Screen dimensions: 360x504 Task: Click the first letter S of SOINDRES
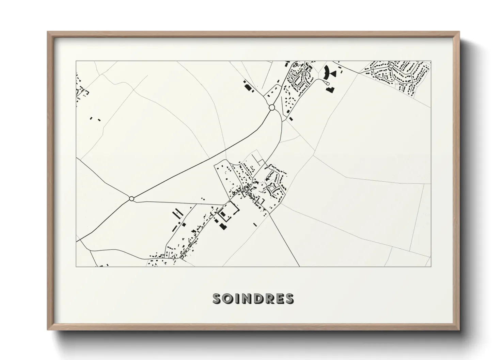[217, 299]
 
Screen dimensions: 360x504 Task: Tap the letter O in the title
[227, 299]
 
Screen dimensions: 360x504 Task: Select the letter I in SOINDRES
[236, 299]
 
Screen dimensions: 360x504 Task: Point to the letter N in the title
[245, 299]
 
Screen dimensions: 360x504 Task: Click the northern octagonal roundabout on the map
[272, 108]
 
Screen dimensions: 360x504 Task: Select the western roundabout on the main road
[132, 198]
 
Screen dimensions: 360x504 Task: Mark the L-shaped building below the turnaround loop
[330, 89]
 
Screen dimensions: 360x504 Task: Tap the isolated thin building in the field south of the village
[255, 225]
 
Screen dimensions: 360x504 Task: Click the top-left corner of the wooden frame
[48, 32]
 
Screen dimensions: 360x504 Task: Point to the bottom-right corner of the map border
[431, 266]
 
